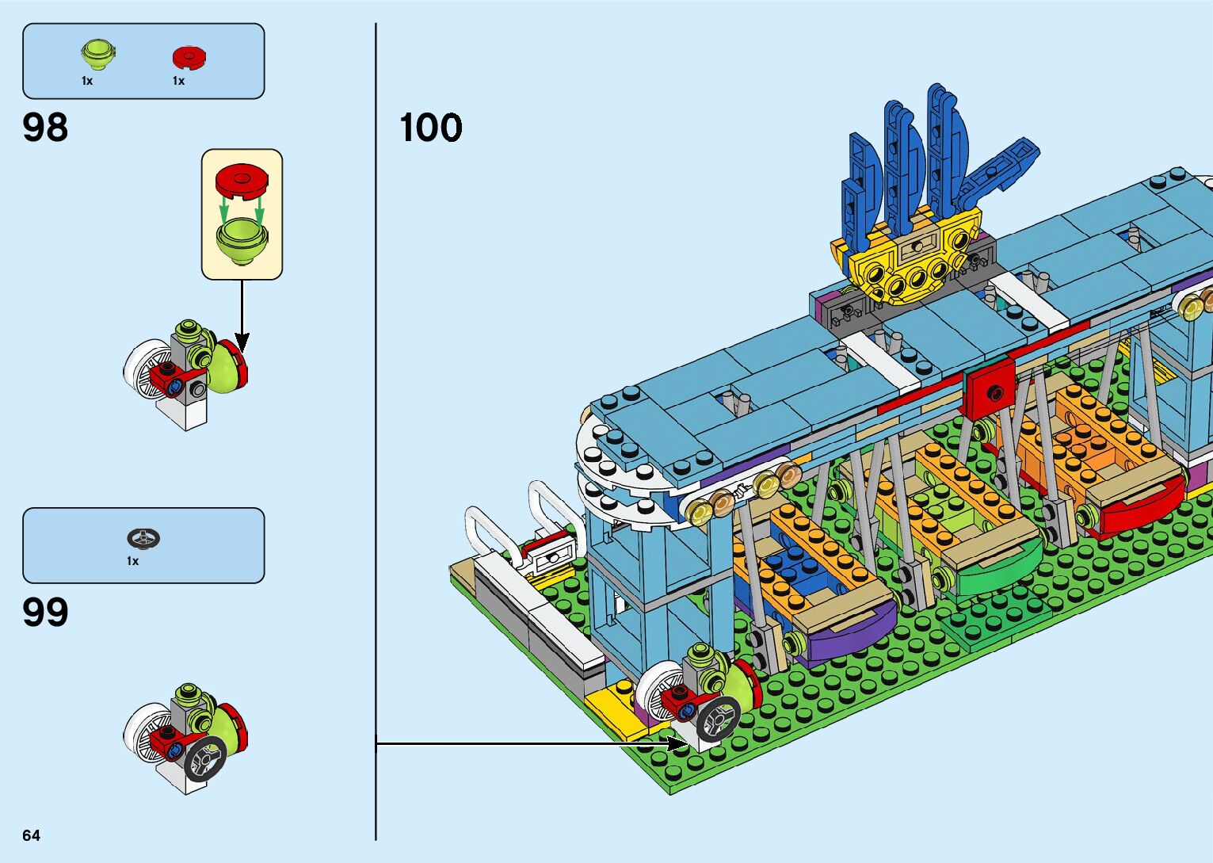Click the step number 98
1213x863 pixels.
click(x=46, y=128)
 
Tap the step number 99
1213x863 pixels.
click(x=46, y=613)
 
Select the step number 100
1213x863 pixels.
click(x=430, y=128)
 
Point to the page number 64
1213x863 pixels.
click(x=31, y=835)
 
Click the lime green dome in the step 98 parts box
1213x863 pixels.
click(x=97, y=55)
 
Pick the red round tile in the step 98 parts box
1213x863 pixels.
click(x=189, y=57)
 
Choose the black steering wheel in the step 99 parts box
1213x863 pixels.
click(x=143, y=539)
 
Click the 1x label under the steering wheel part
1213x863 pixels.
click(x=132, y=561)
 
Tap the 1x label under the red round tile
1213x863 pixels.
click(x=178, y=81)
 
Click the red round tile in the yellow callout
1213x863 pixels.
click(x=242, y=180)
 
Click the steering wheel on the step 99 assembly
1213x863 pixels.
click(x=206, y=759)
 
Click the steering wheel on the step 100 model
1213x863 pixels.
click(x=719, y=719)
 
